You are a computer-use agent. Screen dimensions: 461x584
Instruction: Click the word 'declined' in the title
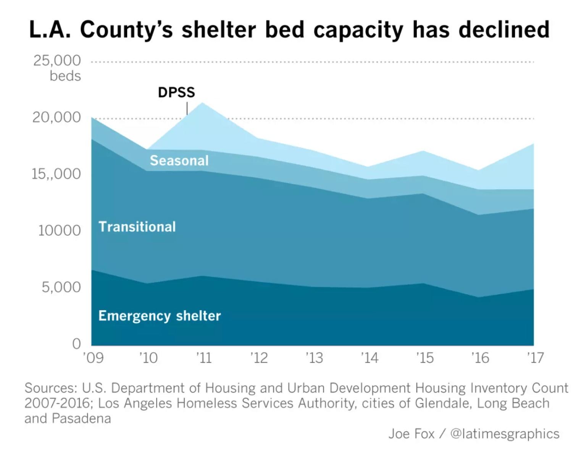(504, 30)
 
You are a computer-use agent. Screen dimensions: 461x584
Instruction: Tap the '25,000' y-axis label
(57, 61)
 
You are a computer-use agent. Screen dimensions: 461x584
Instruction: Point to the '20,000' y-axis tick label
(56, 118)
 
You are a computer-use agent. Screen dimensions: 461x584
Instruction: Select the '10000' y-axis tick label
(60, 230)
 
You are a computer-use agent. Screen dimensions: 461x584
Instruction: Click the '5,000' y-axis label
(61, 287)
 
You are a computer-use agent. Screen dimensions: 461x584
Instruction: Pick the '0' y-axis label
(77, 343)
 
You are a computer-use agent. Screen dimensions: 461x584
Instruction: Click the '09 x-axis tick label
(94, 358)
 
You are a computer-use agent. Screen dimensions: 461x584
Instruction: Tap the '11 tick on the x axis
(204, 358)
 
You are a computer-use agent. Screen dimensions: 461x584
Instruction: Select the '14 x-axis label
(369, 358)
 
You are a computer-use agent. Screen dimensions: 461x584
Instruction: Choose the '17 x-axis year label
(535, 358)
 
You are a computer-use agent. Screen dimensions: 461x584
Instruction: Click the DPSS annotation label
(176, 92)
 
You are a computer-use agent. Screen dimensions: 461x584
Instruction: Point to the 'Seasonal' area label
(179, 160)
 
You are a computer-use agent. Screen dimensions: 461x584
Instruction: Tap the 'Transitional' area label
(137, 227)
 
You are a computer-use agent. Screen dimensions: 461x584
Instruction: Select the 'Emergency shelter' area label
(160, 316)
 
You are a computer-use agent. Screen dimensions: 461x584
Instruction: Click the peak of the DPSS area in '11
(202, 103)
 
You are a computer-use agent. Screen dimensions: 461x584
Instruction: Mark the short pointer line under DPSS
(187, 108)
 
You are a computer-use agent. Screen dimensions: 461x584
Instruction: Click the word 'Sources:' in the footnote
(50, 388)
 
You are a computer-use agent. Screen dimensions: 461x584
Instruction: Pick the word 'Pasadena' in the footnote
(81, 419)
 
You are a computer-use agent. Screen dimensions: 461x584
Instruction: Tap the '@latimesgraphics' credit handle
(505, 434)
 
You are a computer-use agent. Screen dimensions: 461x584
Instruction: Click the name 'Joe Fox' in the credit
(411, 434)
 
